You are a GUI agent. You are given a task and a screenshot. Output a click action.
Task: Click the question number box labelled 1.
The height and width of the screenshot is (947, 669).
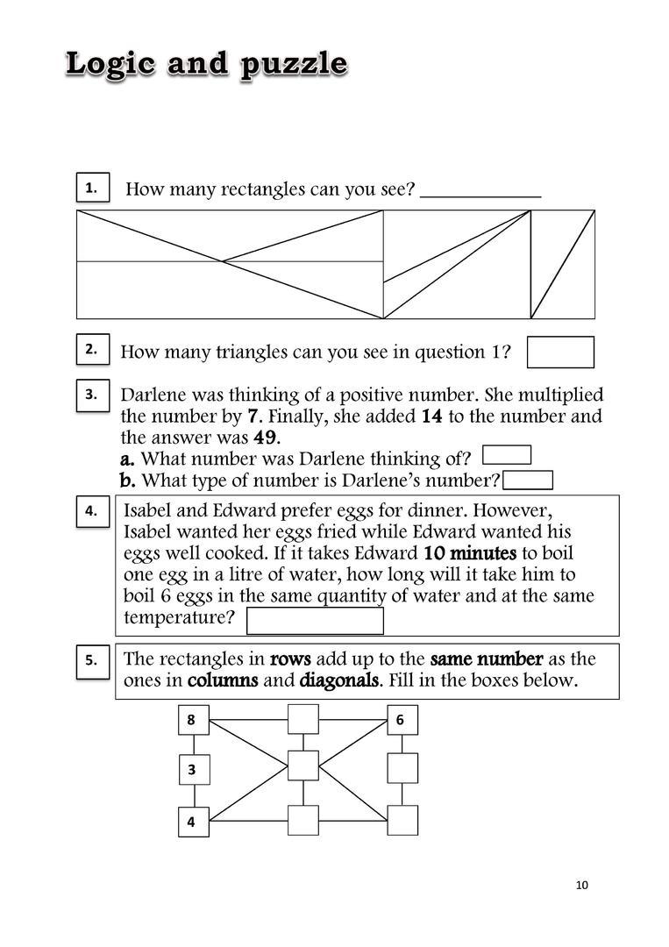point(92,188)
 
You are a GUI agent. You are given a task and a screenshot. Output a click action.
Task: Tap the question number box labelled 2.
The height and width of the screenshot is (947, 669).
point(92,349)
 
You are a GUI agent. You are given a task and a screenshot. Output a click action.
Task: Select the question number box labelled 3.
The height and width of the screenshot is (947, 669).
point(92,395)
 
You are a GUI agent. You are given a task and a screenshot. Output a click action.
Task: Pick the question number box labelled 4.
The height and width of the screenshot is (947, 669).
point(92,511)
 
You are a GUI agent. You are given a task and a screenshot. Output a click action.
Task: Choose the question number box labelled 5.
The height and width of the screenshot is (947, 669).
point(92,660)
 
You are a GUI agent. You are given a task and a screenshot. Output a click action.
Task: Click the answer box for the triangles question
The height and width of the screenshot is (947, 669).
point(560,352)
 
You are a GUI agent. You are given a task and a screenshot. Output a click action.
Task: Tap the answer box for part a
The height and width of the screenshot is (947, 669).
point(507,454)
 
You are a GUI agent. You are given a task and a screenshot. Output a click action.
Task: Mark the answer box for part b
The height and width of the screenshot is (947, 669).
point(528,480)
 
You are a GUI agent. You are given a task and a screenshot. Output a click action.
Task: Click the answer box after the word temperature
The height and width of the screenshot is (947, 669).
point(315,620)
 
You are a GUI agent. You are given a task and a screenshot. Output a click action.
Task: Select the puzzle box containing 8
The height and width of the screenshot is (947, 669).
point(193,721)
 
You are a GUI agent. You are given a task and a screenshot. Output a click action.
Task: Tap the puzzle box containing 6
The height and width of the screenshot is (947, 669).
point(402,721)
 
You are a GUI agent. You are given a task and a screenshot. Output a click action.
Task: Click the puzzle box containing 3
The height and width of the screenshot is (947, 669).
point(193,770)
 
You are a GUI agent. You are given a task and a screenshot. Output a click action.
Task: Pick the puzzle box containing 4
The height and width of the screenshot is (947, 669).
point(193,822)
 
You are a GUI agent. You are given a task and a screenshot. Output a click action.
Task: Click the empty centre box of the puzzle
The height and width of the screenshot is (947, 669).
point(302,765)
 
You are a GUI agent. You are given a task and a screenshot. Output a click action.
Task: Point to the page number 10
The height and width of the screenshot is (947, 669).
point(582,885)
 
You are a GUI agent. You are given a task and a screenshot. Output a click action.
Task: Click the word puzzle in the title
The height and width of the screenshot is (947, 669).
point(294,65)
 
